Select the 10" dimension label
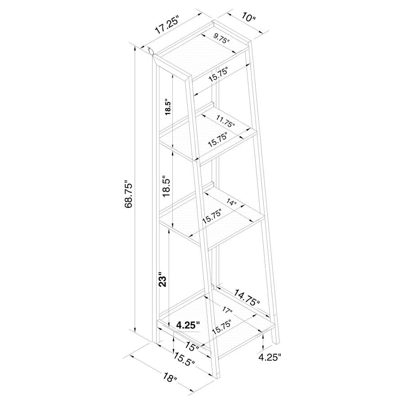(248, 18)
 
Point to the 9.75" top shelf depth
(221, 39)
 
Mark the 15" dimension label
(191, 347)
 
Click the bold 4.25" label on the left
(188, 325)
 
